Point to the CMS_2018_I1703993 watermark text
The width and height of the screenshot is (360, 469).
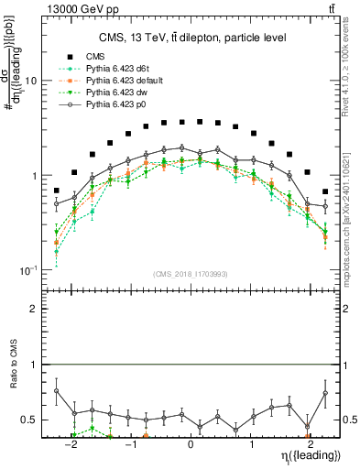(191, 274)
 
